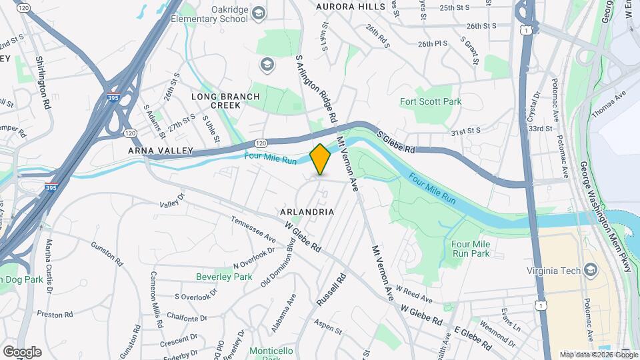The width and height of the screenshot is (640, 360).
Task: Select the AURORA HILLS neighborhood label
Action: [350, 6]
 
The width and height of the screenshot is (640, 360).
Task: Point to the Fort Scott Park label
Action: [431, 102]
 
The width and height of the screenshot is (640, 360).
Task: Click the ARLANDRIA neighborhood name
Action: [307, 211]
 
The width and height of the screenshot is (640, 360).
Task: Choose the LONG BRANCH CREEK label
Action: [225, 101]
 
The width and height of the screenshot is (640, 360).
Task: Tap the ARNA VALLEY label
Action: [161, 151]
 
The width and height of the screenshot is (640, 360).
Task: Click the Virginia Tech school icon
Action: [590, 269]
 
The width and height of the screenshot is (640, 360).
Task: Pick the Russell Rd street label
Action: [332, 289]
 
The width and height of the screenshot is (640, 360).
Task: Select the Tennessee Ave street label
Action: [254, 229]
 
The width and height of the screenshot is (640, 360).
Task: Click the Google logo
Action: [22, 352]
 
